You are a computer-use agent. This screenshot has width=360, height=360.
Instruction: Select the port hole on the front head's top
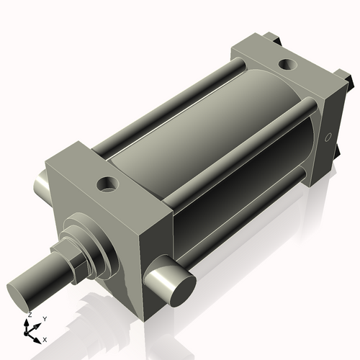coord(109,184)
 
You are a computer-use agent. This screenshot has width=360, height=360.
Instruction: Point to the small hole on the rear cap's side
coord(328,136)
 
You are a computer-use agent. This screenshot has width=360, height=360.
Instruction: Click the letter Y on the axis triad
coord(45,318)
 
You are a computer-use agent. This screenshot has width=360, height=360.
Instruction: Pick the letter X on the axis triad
coord(45,338)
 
